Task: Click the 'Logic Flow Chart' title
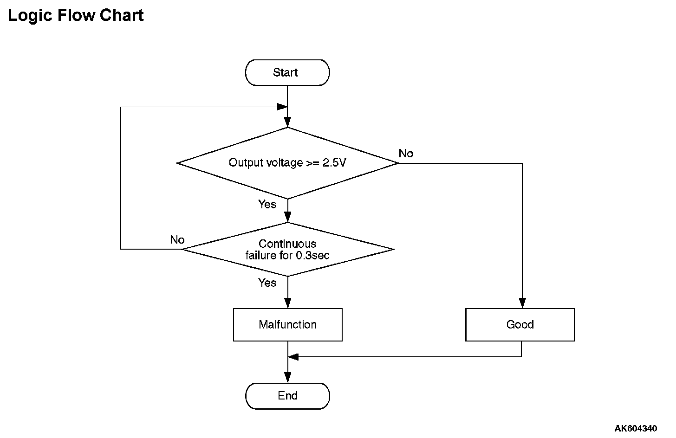point(76,15)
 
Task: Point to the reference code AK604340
point(636,428)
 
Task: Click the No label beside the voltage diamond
point(406,154)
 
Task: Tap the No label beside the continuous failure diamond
point(177,240)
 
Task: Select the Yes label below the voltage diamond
point(267,204)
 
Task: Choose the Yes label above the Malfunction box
point(267,283)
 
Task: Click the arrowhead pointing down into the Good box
point(522,303)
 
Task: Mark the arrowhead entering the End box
point(287,377)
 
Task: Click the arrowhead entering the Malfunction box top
point(287,303)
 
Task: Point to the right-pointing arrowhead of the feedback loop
point(282,107)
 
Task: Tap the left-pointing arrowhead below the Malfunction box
point(293,357)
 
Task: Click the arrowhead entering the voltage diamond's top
point(287,122)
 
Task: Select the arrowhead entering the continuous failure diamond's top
point(287,217)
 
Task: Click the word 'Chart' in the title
point(122,15)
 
